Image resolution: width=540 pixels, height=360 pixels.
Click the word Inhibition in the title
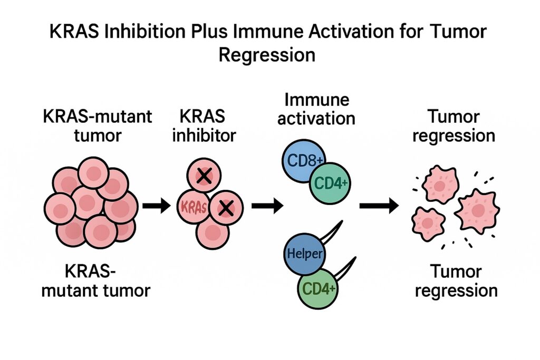(x=145, y=31)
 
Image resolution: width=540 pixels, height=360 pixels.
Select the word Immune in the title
(x=268, y=31)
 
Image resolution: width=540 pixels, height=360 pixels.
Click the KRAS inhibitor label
(x=204, y=126)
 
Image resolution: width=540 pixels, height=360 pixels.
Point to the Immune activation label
(x=316, y=110)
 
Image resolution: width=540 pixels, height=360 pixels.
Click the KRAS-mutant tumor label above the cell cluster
(x=98, y=126)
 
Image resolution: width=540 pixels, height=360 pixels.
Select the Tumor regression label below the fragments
(x=456, y=281)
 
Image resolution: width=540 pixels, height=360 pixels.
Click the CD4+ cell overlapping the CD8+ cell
(x=330, y=183)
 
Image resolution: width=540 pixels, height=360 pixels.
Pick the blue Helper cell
(x=304, y=254)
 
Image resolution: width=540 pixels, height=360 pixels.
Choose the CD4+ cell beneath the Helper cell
(x=318, y=288)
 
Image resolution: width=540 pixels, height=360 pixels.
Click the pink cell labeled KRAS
(x=193, y=207)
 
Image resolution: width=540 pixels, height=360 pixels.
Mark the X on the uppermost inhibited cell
(x=204, y=176)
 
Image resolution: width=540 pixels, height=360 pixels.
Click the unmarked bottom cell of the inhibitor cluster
(x=213, y=232)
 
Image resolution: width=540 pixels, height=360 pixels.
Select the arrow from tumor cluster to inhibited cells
(x=157, y=206)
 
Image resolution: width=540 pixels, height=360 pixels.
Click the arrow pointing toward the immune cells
(x=267, y=206)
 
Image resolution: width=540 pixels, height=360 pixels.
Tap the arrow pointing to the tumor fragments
(x=379, y=206)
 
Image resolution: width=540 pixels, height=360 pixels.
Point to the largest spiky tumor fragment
(x=477, y=210)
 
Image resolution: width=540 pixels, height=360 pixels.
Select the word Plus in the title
(x=209, y=31)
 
